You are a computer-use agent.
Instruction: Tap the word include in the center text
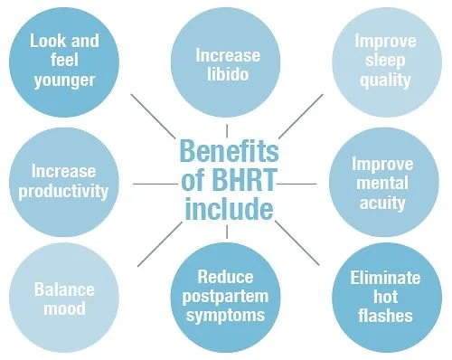(226, 210)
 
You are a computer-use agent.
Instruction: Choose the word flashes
(384, 317)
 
